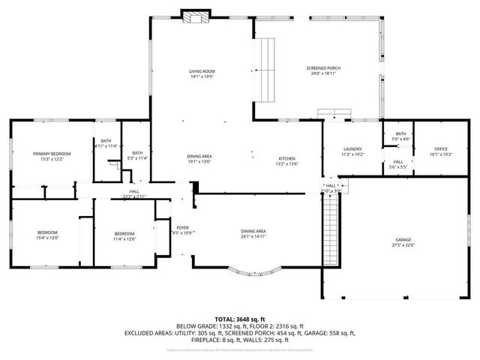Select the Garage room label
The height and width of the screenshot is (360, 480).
tap(403, 239)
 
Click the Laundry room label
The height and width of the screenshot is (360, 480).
tap(352, 148)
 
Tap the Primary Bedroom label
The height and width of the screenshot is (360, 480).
tap(46, 153)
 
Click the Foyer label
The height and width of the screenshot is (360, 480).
tap(182, 226)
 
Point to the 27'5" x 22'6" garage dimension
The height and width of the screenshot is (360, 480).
tap(403, 245)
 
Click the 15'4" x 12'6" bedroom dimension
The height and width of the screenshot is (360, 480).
tap(47, 238)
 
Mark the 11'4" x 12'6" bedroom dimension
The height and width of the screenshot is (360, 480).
tap(124, 238)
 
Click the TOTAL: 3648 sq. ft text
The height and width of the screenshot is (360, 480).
tap(241, 319)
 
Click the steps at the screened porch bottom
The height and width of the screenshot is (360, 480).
tap(334, 113)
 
